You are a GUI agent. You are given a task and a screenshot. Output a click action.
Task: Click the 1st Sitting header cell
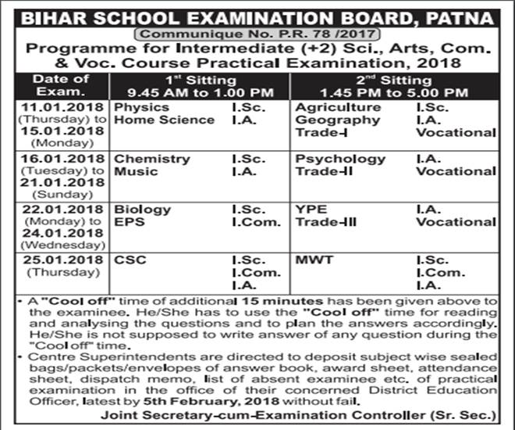point(197,84)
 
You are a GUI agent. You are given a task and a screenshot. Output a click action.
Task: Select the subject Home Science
point(164,120)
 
